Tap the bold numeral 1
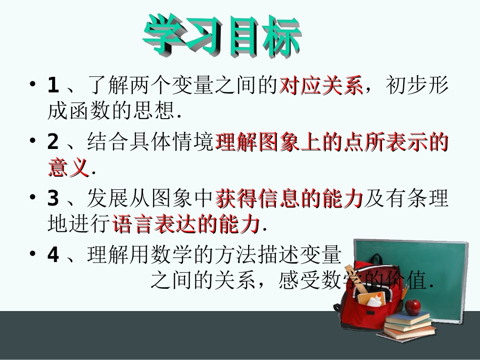click(x=53, y=85)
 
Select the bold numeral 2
click(x=53, y=142)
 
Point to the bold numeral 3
click(x=53, y=199)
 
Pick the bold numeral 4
click(x=53, y=255)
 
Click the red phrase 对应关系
click(x=321, y=85)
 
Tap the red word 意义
click(x=69, y=167)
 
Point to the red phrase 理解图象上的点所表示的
click(x=332, y=142)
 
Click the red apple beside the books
click(x=414, y=305)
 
